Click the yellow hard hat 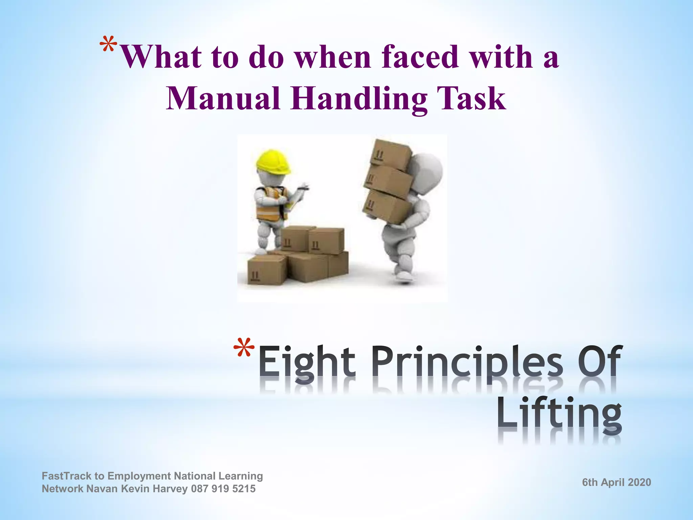[x=274, y=162]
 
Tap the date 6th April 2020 [x=617, y=482]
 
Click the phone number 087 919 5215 [x=223, y=489]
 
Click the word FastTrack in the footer [x=67, y=476]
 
